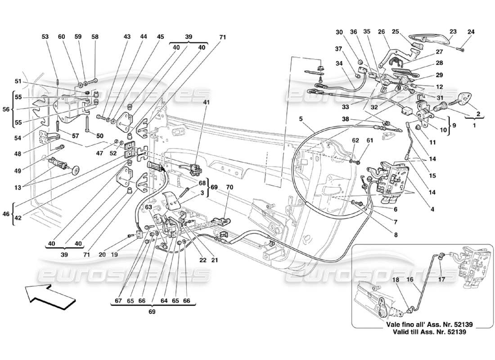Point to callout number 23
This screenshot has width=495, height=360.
[453, 31]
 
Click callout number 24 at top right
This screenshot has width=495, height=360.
[471, 31]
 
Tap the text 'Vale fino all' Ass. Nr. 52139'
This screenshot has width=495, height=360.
[425, 324]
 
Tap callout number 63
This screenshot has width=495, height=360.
[149, 207]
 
